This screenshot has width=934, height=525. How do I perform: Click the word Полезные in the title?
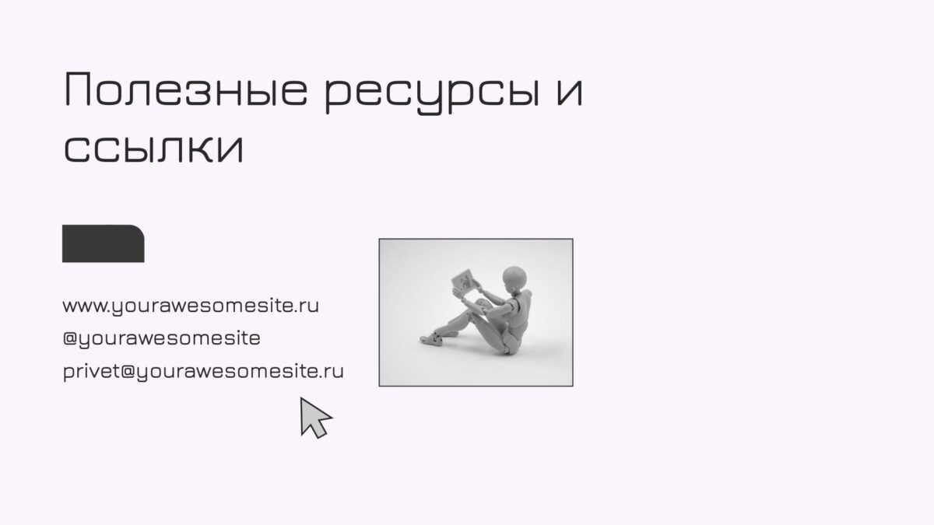pos(186,89)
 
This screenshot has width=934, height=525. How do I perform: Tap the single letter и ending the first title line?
pos(570,90)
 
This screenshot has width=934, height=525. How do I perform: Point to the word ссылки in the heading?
pos(153,148)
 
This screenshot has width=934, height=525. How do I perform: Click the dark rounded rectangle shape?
pos(104,243)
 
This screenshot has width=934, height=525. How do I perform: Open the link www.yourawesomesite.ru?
pos(191,306)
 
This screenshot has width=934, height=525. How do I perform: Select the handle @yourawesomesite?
pos(161,338)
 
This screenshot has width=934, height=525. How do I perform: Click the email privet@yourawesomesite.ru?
pos(203,371)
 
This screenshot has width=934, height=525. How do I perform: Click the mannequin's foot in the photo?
pos(431,339)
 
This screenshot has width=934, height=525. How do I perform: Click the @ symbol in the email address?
pos(128,371)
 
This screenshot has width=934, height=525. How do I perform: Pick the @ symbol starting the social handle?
pos(71,338)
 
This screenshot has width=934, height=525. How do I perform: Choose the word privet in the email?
pos(91,371)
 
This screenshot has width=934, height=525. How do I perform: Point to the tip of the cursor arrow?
pos(300,397)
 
